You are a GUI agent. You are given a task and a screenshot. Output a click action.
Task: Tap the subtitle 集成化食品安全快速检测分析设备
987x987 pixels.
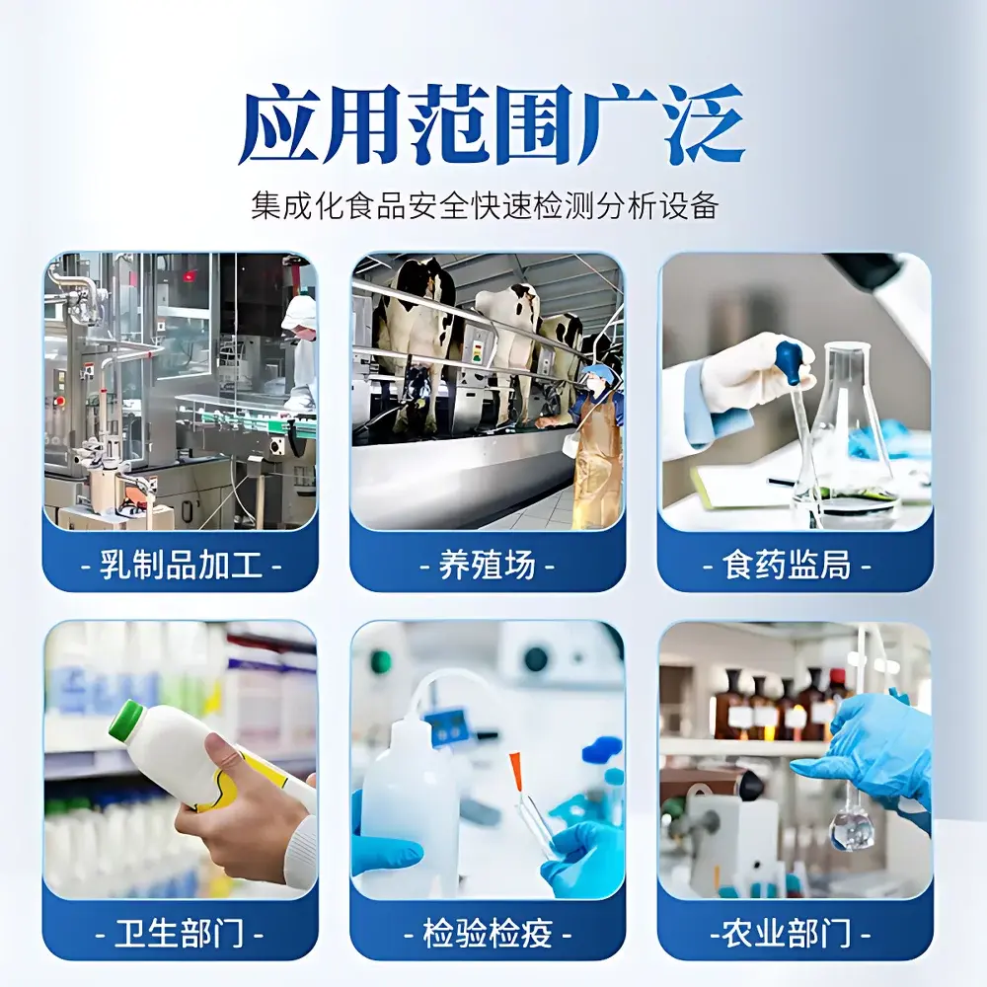point(484,207)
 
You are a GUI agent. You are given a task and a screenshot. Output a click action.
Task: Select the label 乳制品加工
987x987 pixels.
point(180,566)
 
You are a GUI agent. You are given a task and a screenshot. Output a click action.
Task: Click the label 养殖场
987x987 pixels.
point(488,566)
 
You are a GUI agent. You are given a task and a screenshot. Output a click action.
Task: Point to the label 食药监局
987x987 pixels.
point(795,566)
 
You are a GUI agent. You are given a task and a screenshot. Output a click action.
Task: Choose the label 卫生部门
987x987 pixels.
point(180,934)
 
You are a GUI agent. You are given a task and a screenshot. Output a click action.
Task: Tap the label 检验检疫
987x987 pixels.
point(488,934)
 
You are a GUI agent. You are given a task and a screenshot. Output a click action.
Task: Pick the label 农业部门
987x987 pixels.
point(795,934)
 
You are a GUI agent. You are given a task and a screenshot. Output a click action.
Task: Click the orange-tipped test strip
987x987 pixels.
point(515,771)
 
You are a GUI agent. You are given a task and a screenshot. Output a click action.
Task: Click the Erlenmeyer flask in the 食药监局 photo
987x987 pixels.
point(848,434)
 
